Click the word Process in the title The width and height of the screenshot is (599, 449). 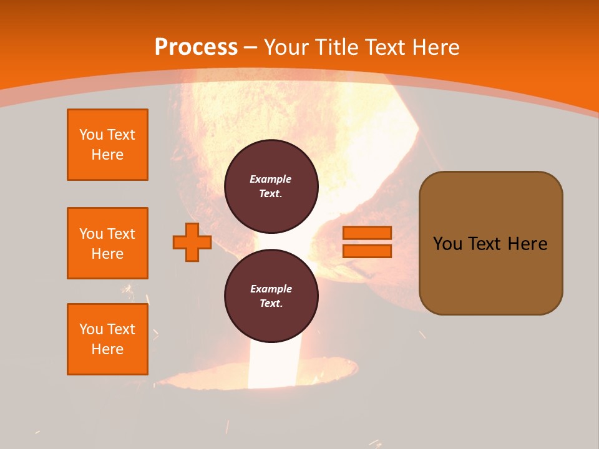pos(196,47)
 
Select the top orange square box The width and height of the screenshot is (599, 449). pos(107,145)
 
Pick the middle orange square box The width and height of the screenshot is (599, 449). pos(107,243)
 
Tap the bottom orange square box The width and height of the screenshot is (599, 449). pos(107,339)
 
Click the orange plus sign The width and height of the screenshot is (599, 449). pos(192,242)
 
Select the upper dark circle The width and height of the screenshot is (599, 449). pos(271,186)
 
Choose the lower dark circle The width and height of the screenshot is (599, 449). pos(271,296)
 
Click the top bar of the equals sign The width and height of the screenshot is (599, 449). pos(367,233)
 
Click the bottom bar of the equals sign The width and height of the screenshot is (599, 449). pos(367,251)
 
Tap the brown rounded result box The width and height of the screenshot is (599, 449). pos(490,243)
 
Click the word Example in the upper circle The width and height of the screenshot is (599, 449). pos(270,179)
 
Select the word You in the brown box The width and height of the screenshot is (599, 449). pos(447,244)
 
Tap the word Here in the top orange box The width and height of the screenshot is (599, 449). pos(107,155)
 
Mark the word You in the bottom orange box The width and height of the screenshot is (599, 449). pos(91,329)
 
